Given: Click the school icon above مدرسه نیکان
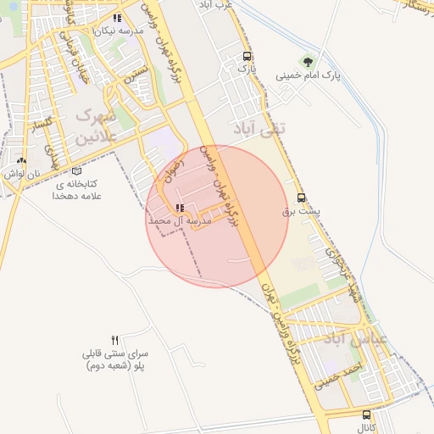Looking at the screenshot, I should [116, 18].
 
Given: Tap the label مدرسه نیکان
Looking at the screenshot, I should [116, 30].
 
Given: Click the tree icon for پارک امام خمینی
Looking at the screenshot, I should [306, 62].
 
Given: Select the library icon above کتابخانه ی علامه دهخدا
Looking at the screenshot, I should [77, 170].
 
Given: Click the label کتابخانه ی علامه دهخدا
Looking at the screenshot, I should [77, 189].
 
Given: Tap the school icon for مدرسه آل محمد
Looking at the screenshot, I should [179, 208].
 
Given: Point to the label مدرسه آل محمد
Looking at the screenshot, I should [179, 220].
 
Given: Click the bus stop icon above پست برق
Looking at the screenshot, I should [302, 202].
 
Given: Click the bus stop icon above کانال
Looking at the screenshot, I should [366, 415].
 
